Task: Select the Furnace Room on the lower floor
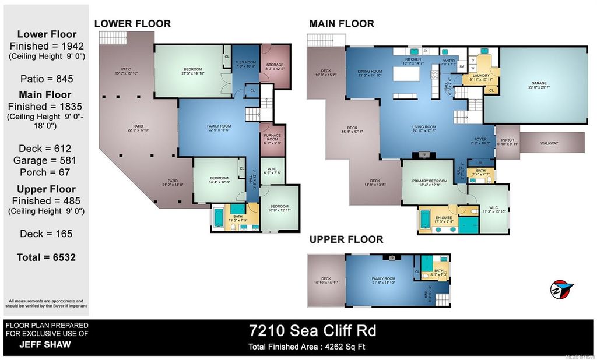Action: click(x=272, y=137)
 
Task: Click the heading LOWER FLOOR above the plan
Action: click(x=133, y=24)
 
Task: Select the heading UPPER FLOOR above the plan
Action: click(x=346, y=239)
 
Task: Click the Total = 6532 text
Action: click(x=46, y=257)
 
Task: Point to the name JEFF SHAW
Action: click(x=46, y=344)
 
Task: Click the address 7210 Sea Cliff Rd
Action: click(x=312, y=331)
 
